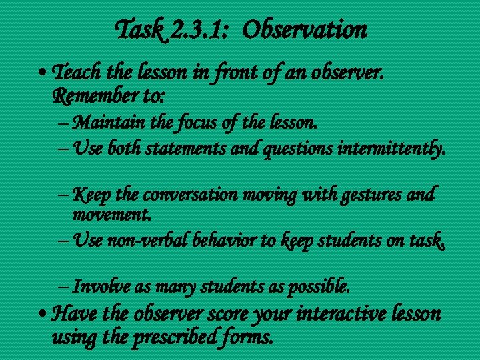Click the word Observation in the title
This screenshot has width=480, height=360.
[306, 29]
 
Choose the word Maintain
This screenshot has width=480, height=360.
[110, 122]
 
